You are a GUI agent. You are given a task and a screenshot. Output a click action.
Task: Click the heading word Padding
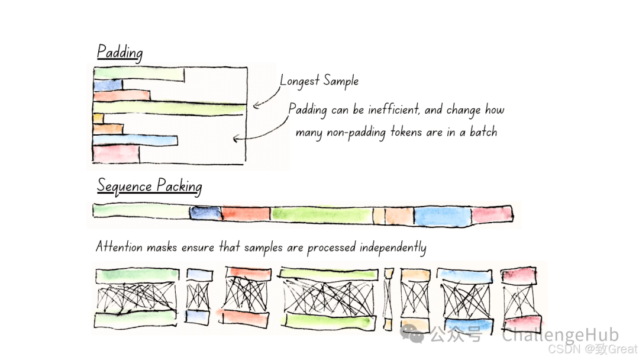point(120,52)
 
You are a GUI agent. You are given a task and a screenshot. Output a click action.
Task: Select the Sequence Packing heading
point(149,186)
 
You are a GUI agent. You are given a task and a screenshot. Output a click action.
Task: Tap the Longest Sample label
point(319,81)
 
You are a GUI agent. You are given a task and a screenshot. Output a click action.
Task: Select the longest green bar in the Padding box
point(169,108)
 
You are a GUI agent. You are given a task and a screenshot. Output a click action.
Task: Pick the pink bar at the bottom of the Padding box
point(116,153)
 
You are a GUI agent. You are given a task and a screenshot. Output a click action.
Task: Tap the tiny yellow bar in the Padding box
point(98,118)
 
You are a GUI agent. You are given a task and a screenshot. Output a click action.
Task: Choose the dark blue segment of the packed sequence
point(205,214)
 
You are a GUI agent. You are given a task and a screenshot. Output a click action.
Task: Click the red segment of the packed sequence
point(246,214)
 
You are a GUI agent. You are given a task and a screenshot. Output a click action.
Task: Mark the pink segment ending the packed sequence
point(492,214)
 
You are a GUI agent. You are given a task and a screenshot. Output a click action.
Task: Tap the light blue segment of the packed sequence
point(442,216)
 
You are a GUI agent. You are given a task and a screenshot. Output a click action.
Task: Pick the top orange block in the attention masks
point(415,275)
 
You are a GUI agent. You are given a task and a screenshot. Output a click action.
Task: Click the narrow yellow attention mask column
point(388,299)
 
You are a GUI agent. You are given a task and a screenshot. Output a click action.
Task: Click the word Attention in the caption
point(120,247)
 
